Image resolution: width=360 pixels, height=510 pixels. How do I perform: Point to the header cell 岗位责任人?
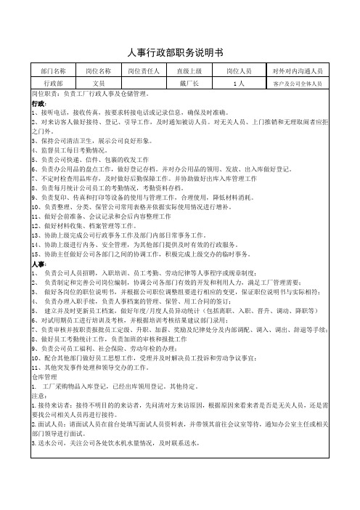point(143,71)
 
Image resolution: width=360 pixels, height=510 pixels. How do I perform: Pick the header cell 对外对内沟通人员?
point(298,71)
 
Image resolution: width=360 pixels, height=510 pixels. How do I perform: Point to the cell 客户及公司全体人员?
point(298,84)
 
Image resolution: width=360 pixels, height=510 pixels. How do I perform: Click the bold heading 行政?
point(38,105)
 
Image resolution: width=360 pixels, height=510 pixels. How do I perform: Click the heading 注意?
point(39,375)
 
